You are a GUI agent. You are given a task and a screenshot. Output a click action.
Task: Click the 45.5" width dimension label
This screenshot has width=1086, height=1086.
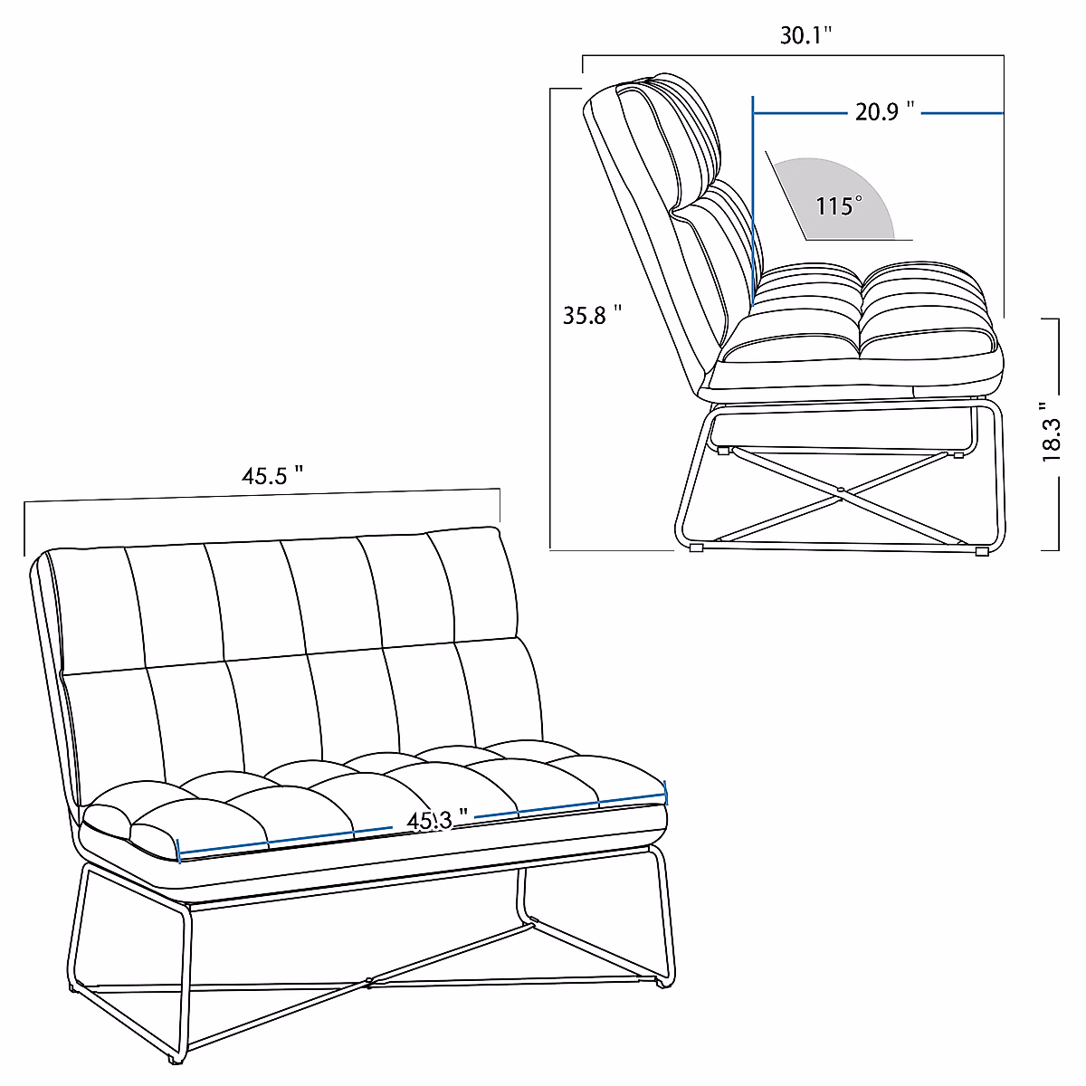pos(271,476)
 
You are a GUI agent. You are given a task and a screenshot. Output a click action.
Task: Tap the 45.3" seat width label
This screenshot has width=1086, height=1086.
pos(436,821)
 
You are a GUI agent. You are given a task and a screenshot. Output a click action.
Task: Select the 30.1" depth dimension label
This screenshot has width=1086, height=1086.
pos(805,35)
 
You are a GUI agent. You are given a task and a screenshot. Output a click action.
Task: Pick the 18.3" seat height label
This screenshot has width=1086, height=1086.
pos(1052,433)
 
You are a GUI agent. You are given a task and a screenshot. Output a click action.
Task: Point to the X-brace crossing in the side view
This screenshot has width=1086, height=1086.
pos(840,491)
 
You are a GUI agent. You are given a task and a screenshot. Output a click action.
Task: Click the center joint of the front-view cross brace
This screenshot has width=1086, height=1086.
pos(367,979)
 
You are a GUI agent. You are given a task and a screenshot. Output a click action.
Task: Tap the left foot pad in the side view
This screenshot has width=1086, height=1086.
pos(696,548)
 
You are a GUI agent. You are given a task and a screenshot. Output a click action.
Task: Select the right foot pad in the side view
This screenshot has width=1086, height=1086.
pos(981,549)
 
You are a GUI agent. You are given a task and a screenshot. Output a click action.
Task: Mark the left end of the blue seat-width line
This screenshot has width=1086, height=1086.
pos(180,851)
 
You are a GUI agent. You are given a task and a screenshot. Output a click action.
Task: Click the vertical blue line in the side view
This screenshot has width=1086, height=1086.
pos(752,181)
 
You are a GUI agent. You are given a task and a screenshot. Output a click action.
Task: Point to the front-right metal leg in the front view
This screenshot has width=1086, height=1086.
pos(665,914)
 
